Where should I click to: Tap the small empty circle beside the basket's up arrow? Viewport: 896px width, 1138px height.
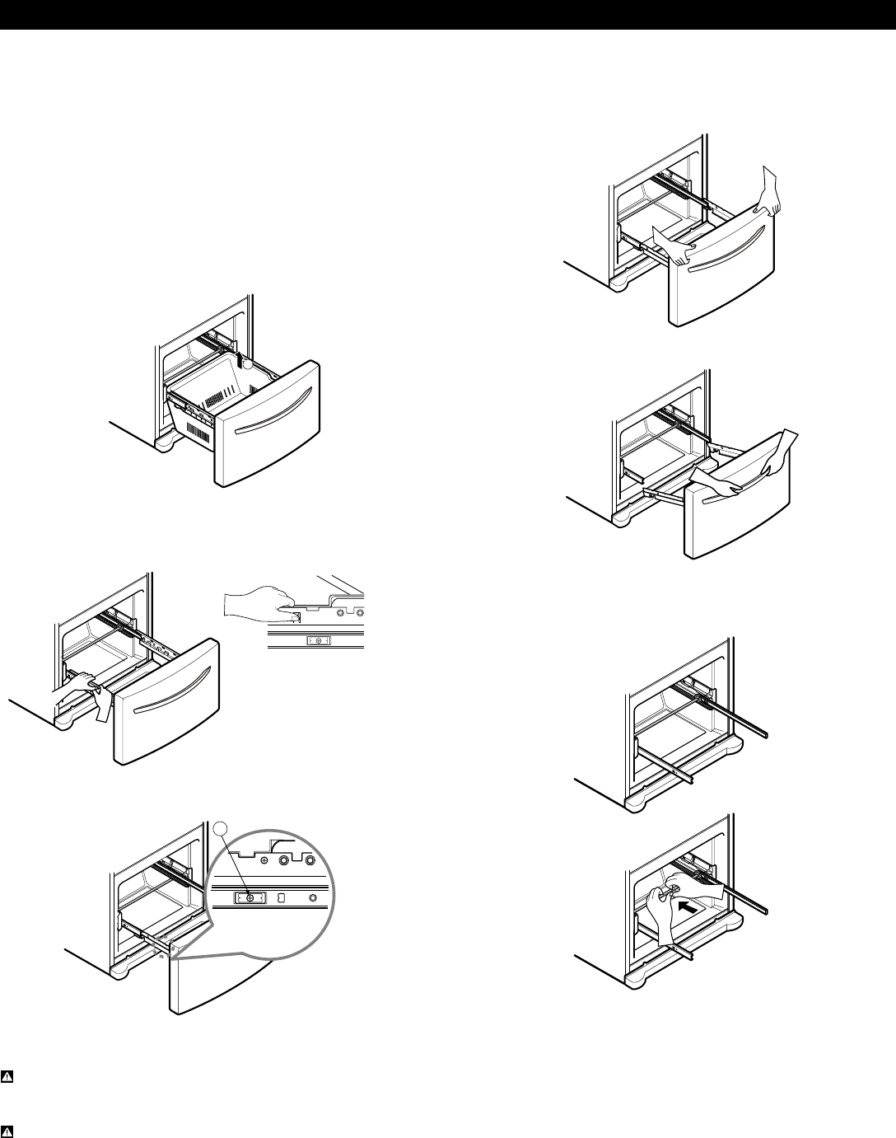point(246,363)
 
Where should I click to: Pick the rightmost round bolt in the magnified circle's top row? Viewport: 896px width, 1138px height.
point(310,859)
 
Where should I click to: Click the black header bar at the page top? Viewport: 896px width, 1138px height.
point(448,15)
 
